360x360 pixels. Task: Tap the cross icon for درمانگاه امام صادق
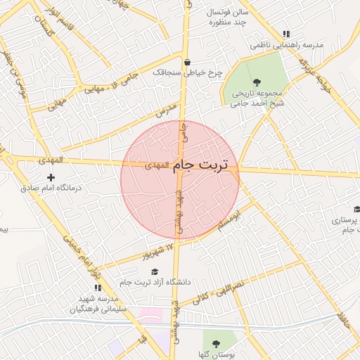point(50,177)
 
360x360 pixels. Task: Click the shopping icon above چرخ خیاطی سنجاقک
point(187,61)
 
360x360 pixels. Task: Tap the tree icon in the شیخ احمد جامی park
point(256,82)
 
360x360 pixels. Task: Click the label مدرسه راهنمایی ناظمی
point(290,44)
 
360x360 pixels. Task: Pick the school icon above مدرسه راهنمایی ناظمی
point(285,34)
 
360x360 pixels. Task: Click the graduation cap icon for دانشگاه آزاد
point(155,271)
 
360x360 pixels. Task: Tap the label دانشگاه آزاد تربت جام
point(155,283)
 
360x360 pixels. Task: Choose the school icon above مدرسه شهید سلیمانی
point(98,288)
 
